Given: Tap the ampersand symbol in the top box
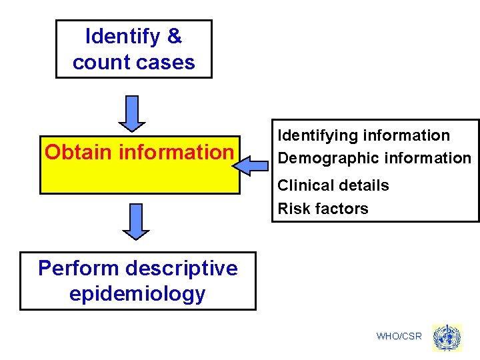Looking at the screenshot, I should point(175,37).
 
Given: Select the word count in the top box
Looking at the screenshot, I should point(97,63).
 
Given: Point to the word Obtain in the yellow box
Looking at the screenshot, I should point(79,152).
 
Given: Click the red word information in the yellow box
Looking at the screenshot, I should point(176,152).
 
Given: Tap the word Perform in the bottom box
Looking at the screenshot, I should point(78,268).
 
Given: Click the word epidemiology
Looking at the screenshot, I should point(137,294).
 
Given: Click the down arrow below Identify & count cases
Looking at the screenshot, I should point(132,113).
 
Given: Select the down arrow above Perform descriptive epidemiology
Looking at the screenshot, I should point(136,221).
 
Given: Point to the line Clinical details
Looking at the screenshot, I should point(333,185).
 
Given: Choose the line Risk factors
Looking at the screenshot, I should point(323,209).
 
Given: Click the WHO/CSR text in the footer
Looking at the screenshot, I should point(399,336).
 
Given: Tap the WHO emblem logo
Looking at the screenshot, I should point(446,337).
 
